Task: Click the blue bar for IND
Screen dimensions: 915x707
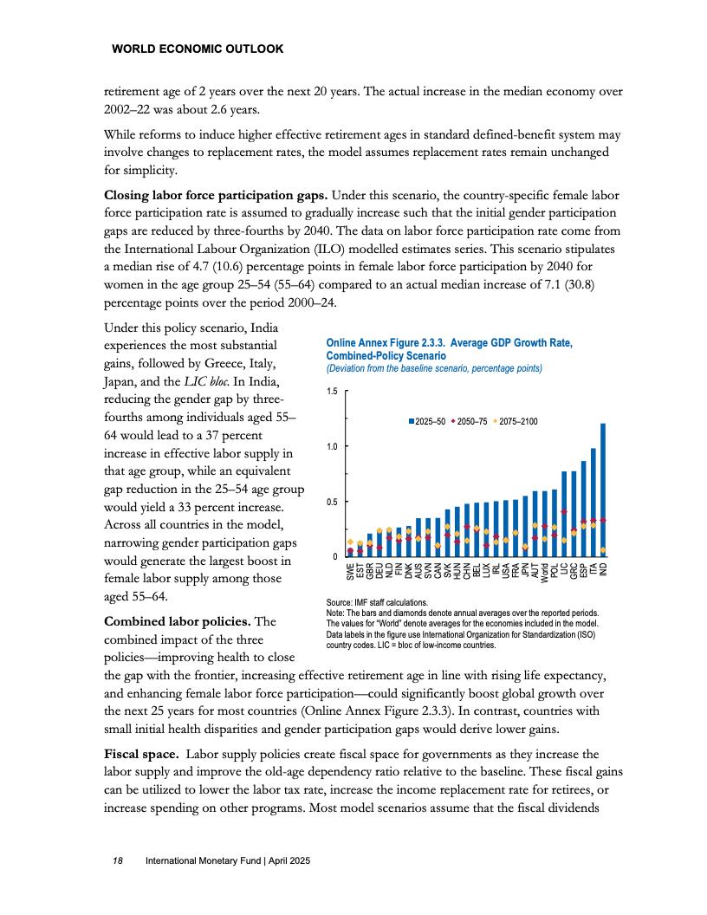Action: tap(603, 490)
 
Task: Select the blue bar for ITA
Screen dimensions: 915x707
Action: tap(593, 503)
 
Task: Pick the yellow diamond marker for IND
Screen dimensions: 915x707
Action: tap(603, 550)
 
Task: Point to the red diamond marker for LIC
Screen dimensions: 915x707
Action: tap(564, 511)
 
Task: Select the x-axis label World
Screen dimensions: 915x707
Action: tap(544, 570)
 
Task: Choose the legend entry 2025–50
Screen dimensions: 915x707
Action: tap(427, 421)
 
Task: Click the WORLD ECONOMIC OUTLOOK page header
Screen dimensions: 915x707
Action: tap(198, 49)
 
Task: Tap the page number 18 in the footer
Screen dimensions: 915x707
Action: tap(118, 861)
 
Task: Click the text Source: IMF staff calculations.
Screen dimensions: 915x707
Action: tap(376, 601)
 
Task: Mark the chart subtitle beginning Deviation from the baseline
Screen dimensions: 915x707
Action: tap(433, 368)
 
